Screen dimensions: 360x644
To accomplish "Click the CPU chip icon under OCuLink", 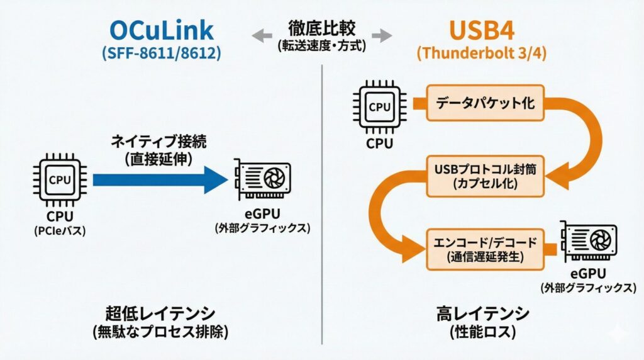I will pos(60,180).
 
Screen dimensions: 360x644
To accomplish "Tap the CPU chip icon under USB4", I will pos(379,107).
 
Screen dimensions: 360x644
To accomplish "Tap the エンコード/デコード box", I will pos(486,248).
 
